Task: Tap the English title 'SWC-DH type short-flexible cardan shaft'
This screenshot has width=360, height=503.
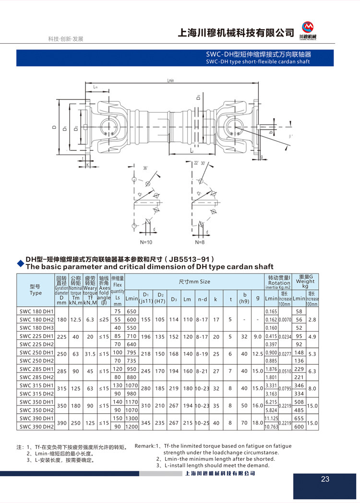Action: tap(258, 61)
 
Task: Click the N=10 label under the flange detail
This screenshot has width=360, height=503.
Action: tap(146, 242)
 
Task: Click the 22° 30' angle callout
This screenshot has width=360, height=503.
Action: tap(199, 163)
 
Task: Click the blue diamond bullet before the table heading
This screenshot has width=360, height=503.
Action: tap(20, 263)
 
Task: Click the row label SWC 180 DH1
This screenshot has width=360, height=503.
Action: tap(36, 311)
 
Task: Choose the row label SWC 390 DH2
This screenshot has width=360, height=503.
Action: tap(36, 426)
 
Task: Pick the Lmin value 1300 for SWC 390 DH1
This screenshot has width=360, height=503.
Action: tap(132, 418)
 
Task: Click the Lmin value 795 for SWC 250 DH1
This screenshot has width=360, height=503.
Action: tap(132, 352)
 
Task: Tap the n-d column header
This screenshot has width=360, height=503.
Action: tap(203, 299)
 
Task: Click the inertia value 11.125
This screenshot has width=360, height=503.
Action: tap(271, 418)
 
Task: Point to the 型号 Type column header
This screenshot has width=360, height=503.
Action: tap(36, 289)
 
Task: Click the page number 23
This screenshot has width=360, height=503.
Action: tap(325, 479)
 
